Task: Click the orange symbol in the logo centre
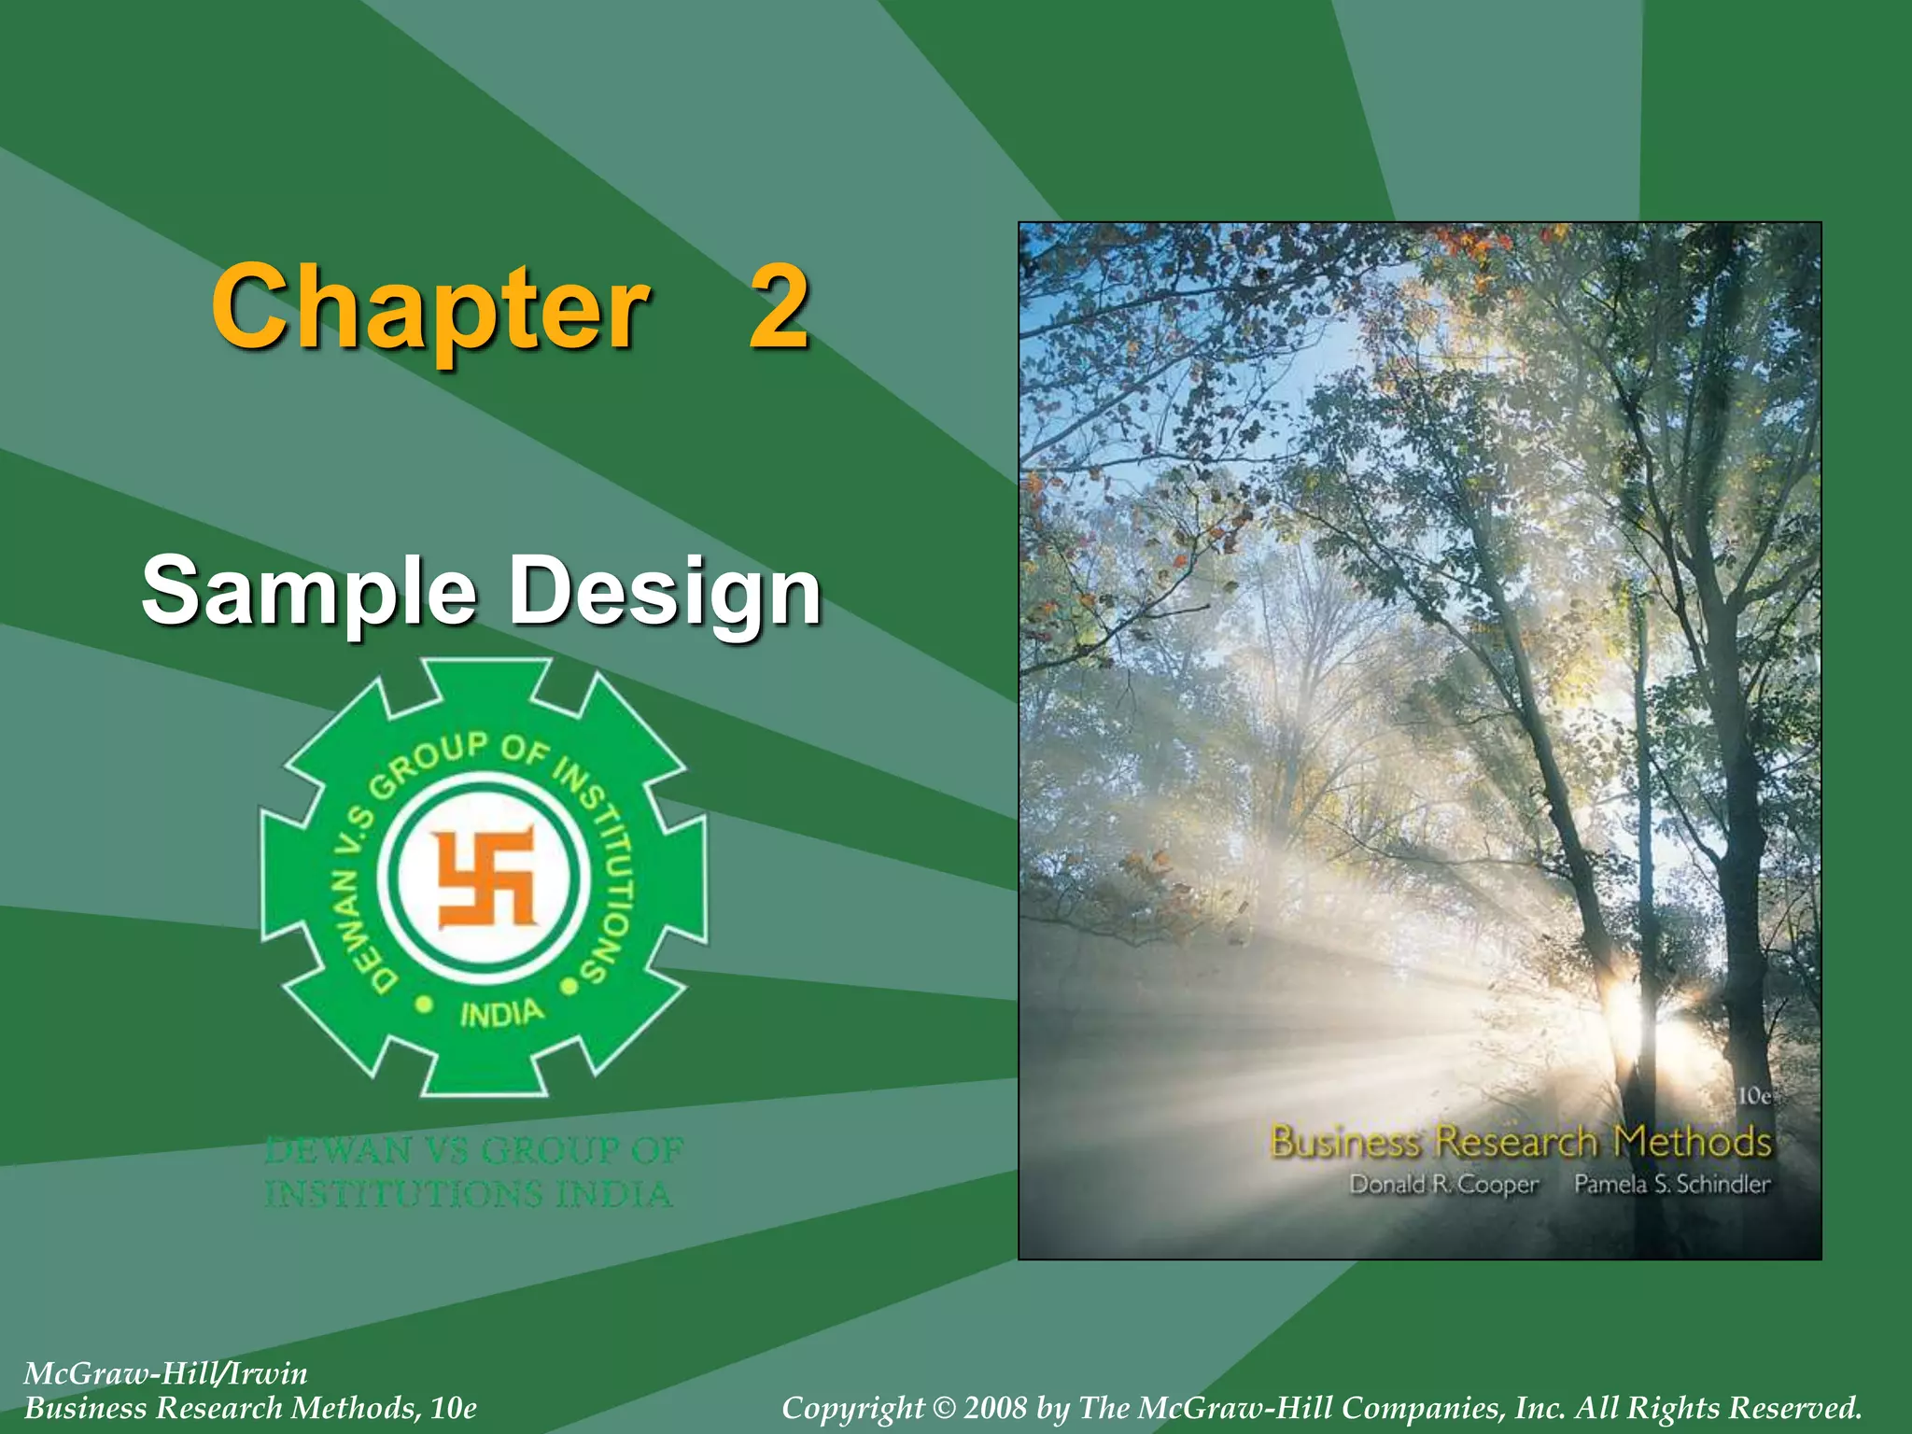485,878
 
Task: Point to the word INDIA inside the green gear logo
500,1012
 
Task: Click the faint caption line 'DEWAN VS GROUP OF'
474,1150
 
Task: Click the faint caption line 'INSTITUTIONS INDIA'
468,1194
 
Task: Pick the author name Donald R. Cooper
1443,1185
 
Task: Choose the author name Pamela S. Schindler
1671,1184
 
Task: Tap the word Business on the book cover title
1345,1142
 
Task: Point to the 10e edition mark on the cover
1753,1095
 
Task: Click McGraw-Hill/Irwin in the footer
165,1373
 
